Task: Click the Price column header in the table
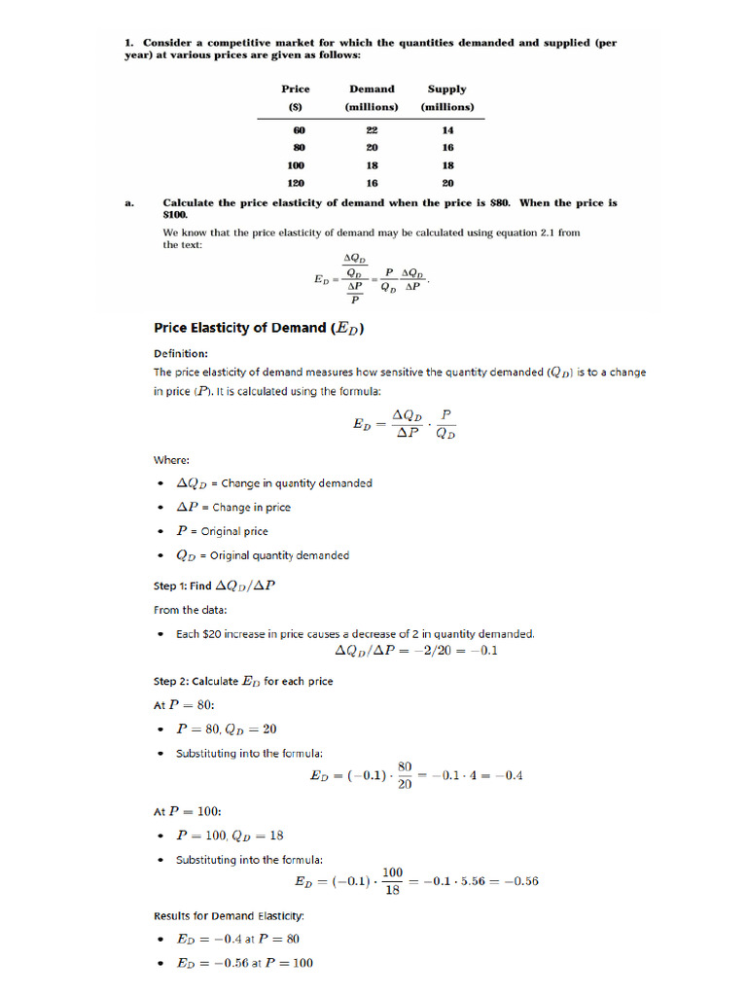296,89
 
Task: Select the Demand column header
372,89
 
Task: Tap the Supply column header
447,89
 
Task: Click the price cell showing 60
300,129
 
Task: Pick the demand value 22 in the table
372,129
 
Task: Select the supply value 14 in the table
447,129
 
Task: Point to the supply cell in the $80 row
447,147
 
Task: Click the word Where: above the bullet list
171,460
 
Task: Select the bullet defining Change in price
232,507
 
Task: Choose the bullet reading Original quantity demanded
262,555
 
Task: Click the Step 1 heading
220,586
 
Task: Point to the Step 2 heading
243,681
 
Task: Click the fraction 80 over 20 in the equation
405,775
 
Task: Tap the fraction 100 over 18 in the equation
392,882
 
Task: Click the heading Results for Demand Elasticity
230,915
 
